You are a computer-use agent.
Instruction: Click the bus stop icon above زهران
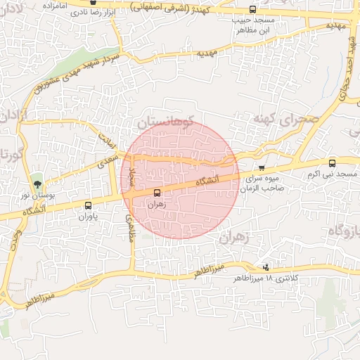(x=156, y=192)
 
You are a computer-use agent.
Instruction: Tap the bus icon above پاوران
(x=88, y=206)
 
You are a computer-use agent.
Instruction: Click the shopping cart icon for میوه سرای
(x=262, y=168)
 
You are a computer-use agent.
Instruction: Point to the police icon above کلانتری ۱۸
(x=265, y=267)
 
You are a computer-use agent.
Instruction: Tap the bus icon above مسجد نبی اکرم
(x=333, y=162)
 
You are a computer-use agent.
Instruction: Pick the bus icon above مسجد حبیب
(x=252, y=10)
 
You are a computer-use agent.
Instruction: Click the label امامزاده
(x=59, y=5)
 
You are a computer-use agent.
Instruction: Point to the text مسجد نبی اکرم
(x=335, y=174)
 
